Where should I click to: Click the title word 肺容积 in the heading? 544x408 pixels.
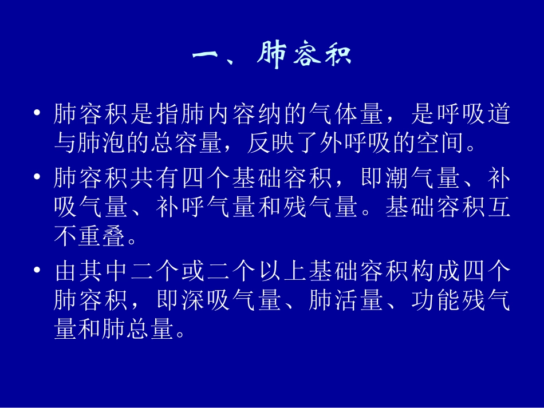pyautogui.click(x=304, y=56)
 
